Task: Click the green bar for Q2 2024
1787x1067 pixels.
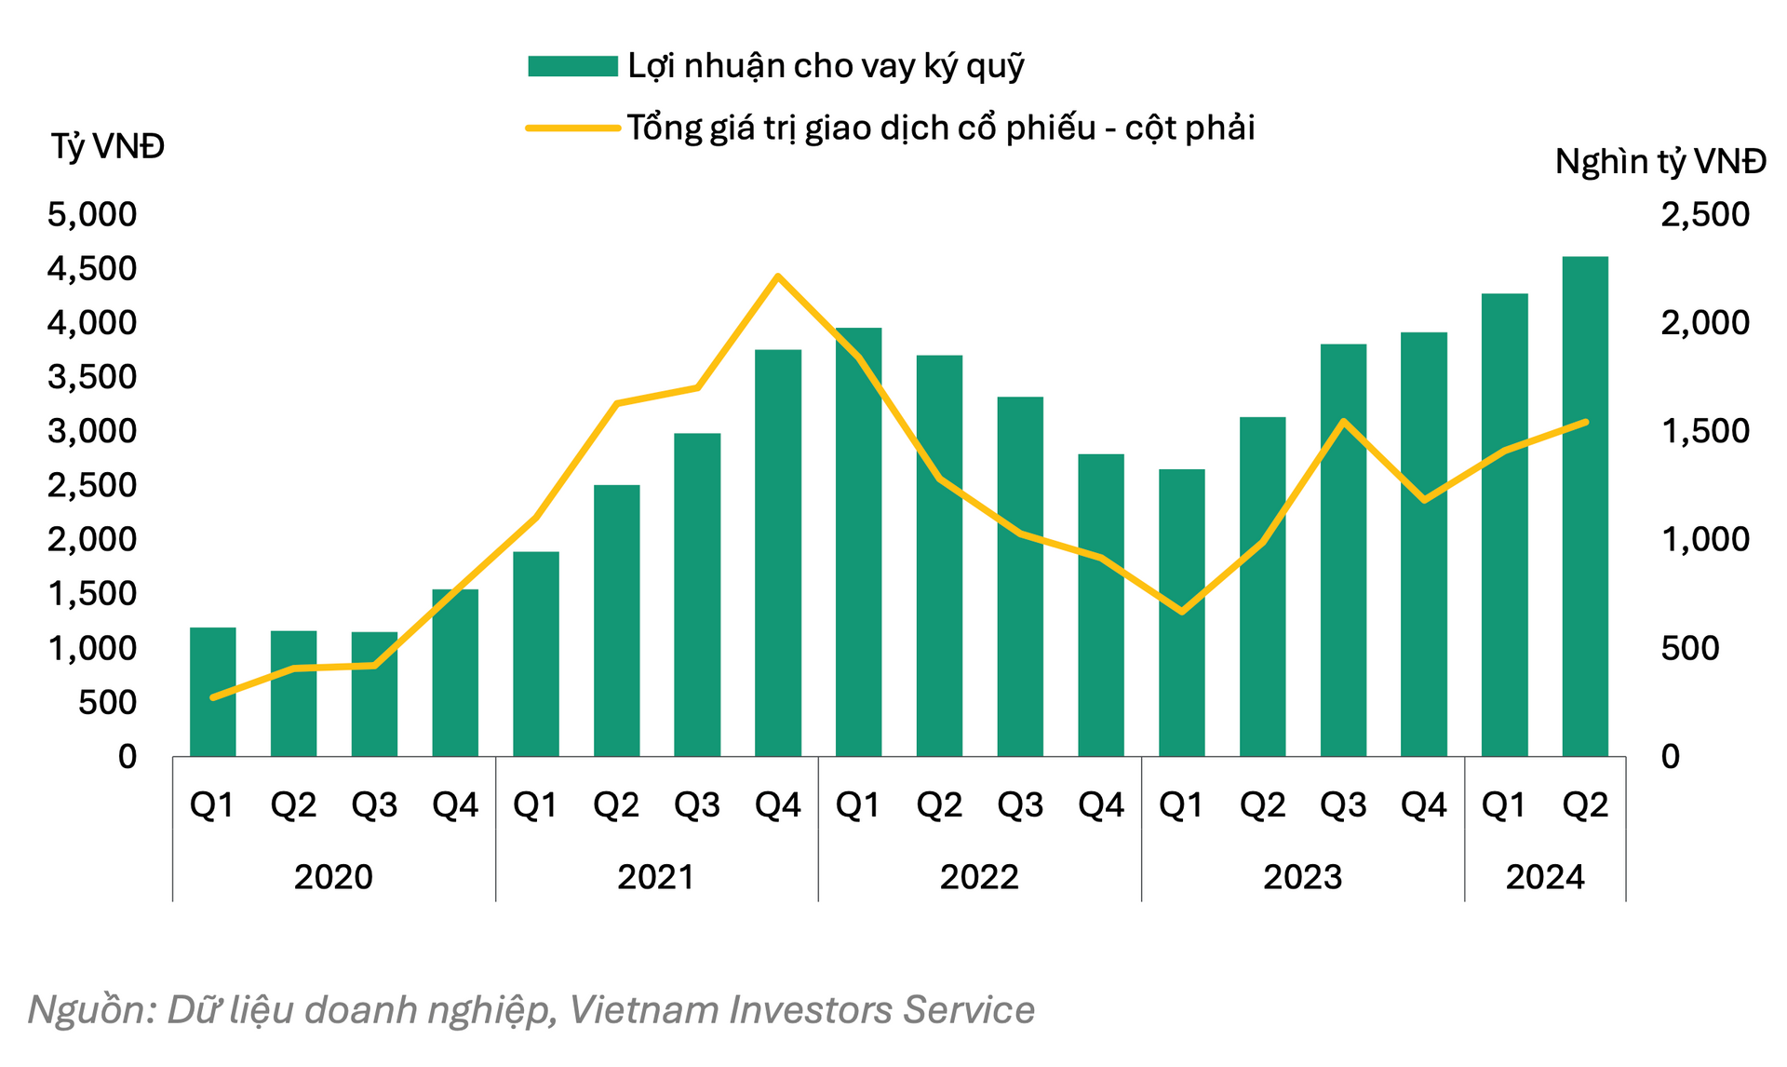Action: click(1585, 506)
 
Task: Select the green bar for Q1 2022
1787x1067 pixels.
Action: click(858, 542)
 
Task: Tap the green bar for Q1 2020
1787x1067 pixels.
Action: click(213, 692)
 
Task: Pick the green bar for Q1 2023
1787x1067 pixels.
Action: click(1181, 613)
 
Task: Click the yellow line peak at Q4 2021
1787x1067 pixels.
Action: click(778, 276)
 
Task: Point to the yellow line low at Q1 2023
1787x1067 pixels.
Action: click(1182, 612)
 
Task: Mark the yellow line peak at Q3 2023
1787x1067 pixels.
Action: click(1343, 422)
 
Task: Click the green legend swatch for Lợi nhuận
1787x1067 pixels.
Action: click(572, 66)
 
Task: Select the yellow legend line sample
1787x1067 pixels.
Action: click(572, 128)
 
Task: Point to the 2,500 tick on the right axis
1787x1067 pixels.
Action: click(1705, 215)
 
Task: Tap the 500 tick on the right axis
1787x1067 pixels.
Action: click(1689, 648)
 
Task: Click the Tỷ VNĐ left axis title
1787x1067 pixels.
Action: click(108, 146)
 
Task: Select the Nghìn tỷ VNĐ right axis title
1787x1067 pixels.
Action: click(1660, 162)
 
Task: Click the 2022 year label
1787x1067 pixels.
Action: click(979, 877)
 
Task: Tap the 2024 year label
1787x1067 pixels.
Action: click(1545, 877)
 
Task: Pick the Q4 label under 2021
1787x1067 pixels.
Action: click(778, 805)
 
